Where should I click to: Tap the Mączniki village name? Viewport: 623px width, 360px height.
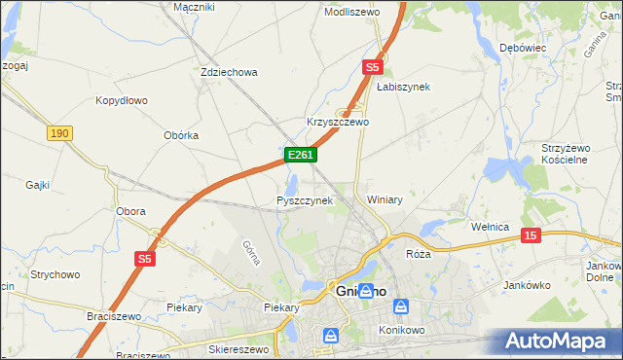(x=193, y=7)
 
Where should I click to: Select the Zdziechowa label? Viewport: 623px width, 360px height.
(x=228, y=72)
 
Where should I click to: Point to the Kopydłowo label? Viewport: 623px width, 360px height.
(x=121, y=100)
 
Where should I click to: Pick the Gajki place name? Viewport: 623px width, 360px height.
(x=38, y=184)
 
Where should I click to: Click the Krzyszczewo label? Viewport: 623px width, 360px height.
(x=338, y=123)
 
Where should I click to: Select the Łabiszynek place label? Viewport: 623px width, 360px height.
(x=403, y=87)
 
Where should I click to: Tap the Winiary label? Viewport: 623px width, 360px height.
(x=385, y=199)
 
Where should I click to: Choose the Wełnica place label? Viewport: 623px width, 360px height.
(x=491, y=227)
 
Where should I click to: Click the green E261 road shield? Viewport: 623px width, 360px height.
(x=299, y=155)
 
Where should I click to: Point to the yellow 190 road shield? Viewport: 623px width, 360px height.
(x=58, y=132)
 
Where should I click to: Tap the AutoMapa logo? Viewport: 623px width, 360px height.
(x=558, y=341)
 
